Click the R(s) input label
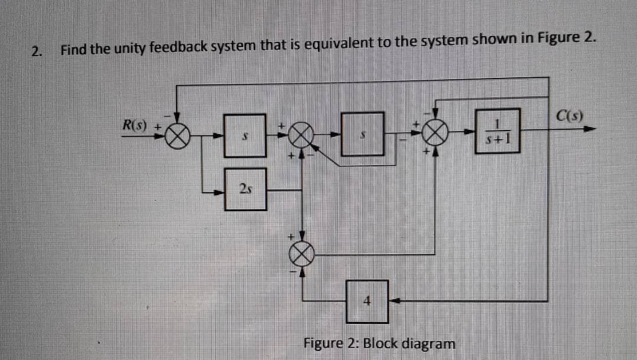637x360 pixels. (136, 125)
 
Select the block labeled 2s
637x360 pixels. (245, 189)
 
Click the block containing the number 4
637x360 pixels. (366, 301)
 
